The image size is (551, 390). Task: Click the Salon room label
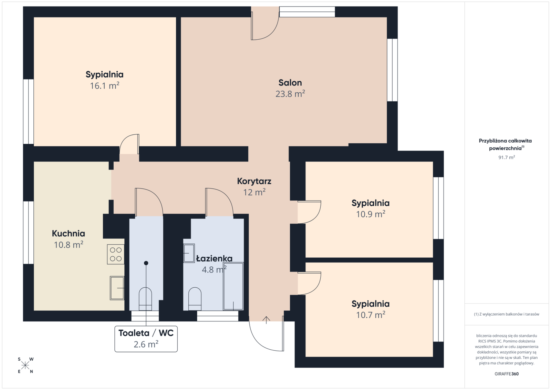pos(290,83)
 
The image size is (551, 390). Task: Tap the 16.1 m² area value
pos(105,86)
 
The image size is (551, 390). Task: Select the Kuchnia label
pos(69,234)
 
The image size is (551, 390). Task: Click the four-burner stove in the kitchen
pos(116,254)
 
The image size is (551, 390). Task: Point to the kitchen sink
pos(117,288)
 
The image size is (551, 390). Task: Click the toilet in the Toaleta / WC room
pos(145,299)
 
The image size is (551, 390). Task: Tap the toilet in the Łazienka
pos(195,299)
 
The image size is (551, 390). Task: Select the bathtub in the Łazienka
pos(233,286)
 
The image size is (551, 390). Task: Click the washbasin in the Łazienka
pos(189,253)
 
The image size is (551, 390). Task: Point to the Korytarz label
pos(254,181)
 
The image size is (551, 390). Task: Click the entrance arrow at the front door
pos(266,320)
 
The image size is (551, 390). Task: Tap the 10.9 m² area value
pos(371,214)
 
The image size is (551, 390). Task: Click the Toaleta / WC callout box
pos(146,339)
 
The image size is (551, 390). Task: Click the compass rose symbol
pos(25,366)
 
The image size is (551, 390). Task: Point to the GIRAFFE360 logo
pos(507,374)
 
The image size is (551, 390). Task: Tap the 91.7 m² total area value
pos(507,157)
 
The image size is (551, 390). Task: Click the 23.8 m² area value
pos(290,94)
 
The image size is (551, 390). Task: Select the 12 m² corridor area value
pos(254,193)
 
